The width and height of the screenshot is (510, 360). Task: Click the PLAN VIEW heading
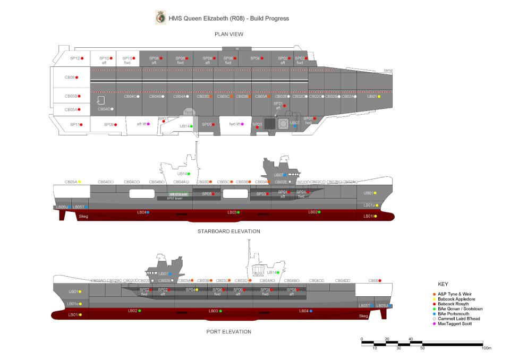pos(229,35)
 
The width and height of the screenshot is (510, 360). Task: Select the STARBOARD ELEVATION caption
pos(229,232)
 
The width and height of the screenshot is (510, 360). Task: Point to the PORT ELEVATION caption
pos(229,332)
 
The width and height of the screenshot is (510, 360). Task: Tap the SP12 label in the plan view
pos(74,58)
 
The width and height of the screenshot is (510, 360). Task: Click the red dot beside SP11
pos(81,124)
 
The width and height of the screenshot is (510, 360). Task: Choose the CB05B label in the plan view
pos(71,96)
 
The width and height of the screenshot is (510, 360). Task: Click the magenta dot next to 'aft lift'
pos(148,124)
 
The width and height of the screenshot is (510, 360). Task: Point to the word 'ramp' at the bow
pos(387,71)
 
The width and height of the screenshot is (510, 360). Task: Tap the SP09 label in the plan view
pos(109,124)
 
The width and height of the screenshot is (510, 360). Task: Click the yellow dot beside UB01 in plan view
pos(379,97)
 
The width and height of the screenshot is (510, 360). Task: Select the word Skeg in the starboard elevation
pos(83,217)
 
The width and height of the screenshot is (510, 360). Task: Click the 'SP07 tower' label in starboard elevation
pos(174,198)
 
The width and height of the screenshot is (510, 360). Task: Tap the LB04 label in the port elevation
pos(304,311)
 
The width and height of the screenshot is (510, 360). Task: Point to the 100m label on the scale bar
pos(486,348)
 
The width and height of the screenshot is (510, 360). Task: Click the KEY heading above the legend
pos(443,284)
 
